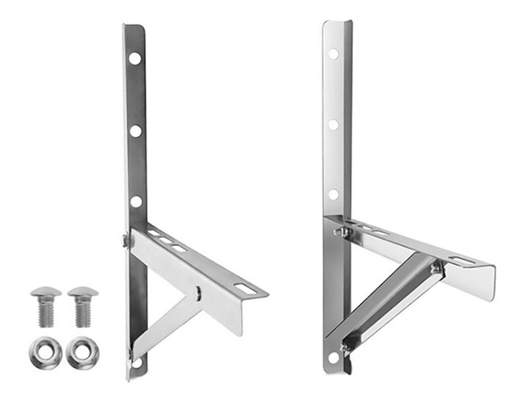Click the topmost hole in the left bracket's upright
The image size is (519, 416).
pyautogui.click(x=134, y=58)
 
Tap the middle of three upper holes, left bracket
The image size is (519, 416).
pyautogui.click(x=135, y=131)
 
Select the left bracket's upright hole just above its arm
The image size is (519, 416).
pyautogui.click(x=136, y=201)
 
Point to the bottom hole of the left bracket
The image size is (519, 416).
pyautogui.click(x=136, y=363)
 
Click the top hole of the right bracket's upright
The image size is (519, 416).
pyautogui.click(x=333, y=54)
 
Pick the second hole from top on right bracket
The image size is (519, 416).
pyautogui.click(x=333, y=124)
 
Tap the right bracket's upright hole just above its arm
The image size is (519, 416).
pyautogui.click(x=333, y=194)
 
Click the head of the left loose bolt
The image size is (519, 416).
pyautogui.click(x=46, y=293)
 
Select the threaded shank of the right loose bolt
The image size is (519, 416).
pyautogui.click(x=82, y=313)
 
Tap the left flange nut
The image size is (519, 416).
pyautogui.click(x=45, y=352)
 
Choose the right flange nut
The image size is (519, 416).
pyautogui.click(x=82, y=352)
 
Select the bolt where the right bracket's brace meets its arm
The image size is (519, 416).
pyautogui.click(x=437, y=267)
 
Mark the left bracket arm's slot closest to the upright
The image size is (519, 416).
pyautogui.click(x=154, y=233)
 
